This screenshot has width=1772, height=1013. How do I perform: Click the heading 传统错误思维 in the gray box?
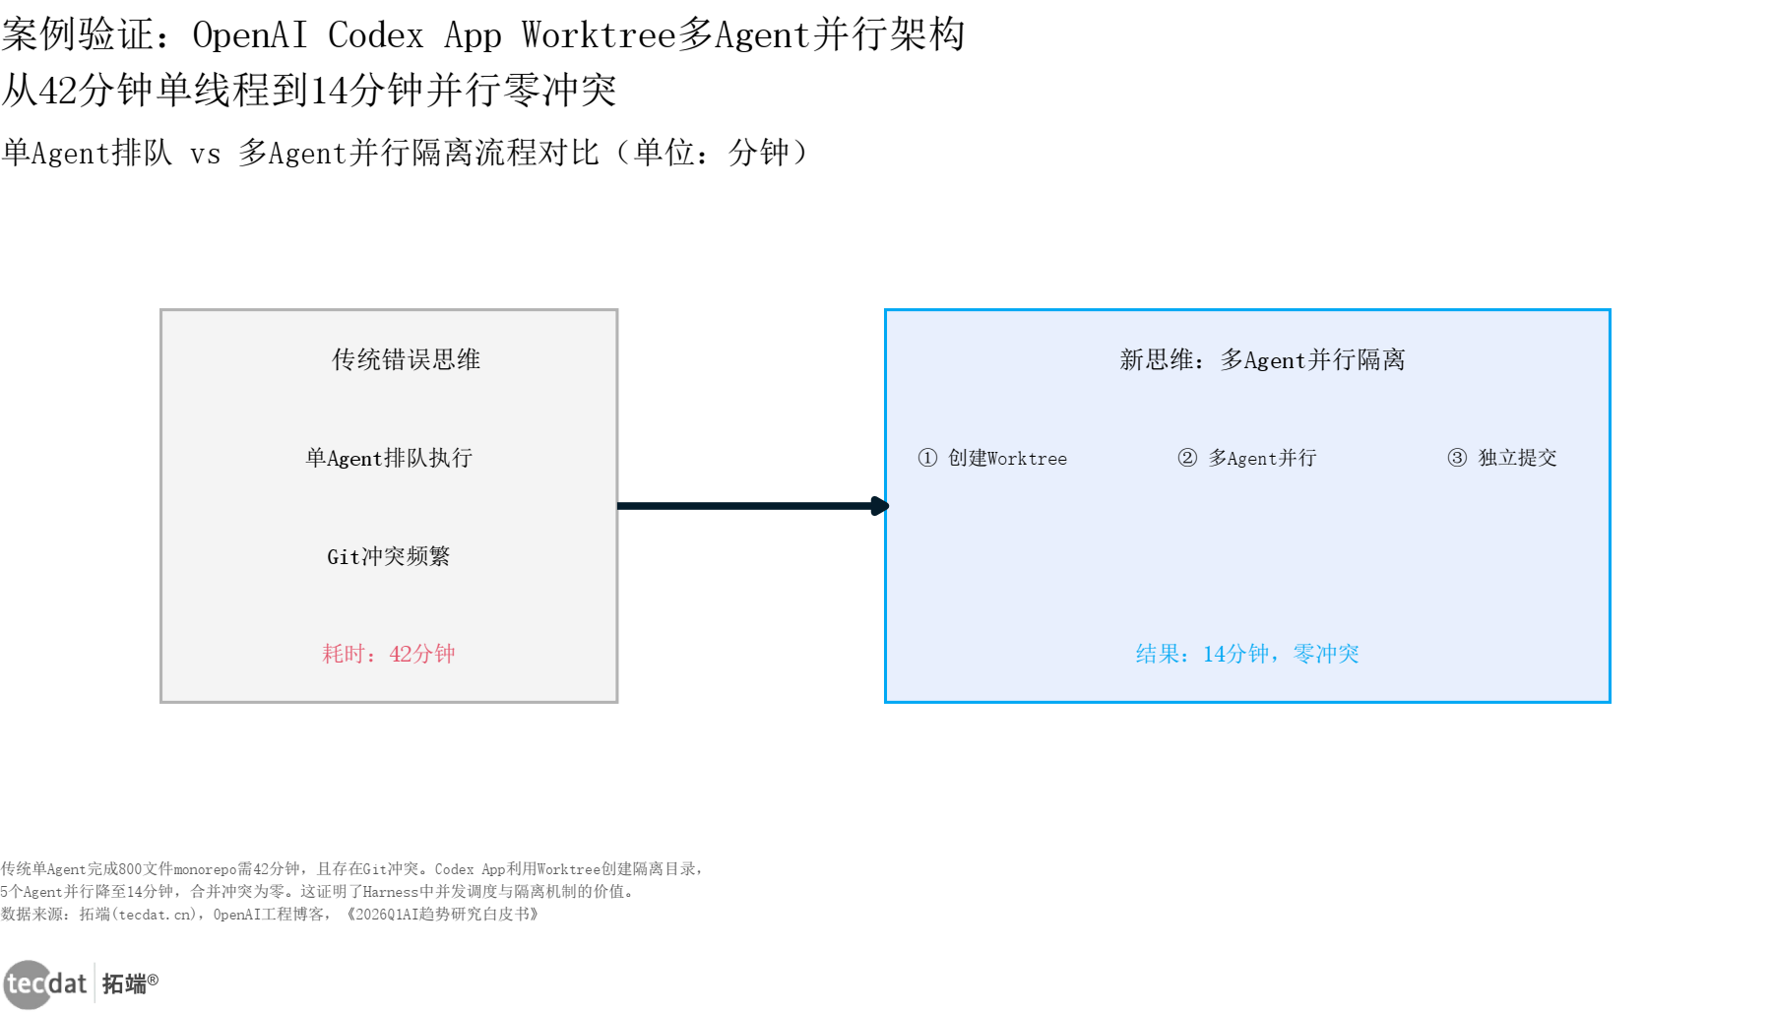(x=406, y=359)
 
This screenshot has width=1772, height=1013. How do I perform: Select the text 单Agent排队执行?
(x=389, y=458)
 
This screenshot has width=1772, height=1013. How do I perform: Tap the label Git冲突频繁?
(x=389, y=556)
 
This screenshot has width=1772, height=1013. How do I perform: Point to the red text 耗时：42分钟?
(x=389, y=654)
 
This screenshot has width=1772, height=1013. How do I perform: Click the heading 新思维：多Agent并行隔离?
(x=1262, y=359)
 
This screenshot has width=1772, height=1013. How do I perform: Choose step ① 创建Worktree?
(x=992, y=458)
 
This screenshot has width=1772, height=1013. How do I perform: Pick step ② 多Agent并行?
(x=1247, y=458)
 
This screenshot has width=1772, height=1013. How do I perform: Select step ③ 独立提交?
(x=1502, y=458)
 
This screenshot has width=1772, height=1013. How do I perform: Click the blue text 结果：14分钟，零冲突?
(x=1247, y=654)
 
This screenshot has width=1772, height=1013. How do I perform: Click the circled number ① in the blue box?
(x=927, y=458)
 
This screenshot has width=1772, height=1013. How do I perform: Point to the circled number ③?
(x=1457, y=458)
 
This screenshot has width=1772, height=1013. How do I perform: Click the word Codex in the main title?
(x=375, y=35)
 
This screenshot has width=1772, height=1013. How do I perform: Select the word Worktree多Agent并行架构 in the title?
(x=743, y=35)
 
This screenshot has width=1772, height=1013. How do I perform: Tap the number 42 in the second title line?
(x=58, y=91)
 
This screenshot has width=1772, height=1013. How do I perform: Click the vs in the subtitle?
(x=205, y=154)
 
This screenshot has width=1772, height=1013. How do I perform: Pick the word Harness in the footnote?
(x=391, y=892)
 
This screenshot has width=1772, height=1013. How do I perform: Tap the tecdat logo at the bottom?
(x=45, y=983)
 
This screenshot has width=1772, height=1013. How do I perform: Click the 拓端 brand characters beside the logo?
(x=124, y=983)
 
